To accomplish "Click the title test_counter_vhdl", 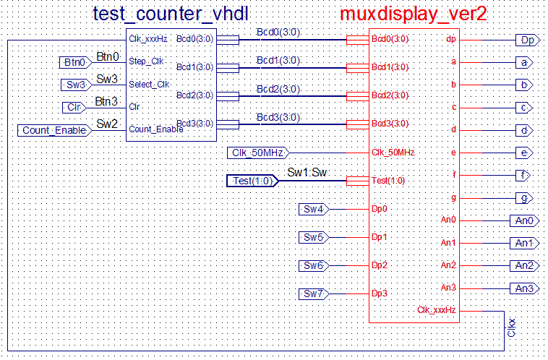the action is [x=171, y=14].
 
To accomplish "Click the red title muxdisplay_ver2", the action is [x=413, y=14].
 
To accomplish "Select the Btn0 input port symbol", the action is [x=75, y=63].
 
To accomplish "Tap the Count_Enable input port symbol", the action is [x=55, y=130].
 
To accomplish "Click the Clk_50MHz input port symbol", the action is [x=258, y=153].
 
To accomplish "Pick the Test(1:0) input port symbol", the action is [x=253, y=181].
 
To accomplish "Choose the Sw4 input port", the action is [x=314, y=209].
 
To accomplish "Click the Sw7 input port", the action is [x=314, y=293].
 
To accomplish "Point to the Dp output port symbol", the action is [x=528, y=40].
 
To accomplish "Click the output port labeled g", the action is [x=525, y=198].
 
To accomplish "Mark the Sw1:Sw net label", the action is [x=307, y=172].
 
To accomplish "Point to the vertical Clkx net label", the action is [x=511, y=327].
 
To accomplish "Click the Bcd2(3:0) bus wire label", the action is [x=278, y=89].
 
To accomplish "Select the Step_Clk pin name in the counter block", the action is [x=146, y=61].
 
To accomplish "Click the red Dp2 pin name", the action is [x=380, y=265].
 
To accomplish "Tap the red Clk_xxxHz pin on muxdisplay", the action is [x=436, y=310].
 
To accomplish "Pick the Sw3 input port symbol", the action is [x=77, y=85].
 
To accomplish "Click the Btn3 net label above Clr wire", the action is [x=106, y=101].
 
